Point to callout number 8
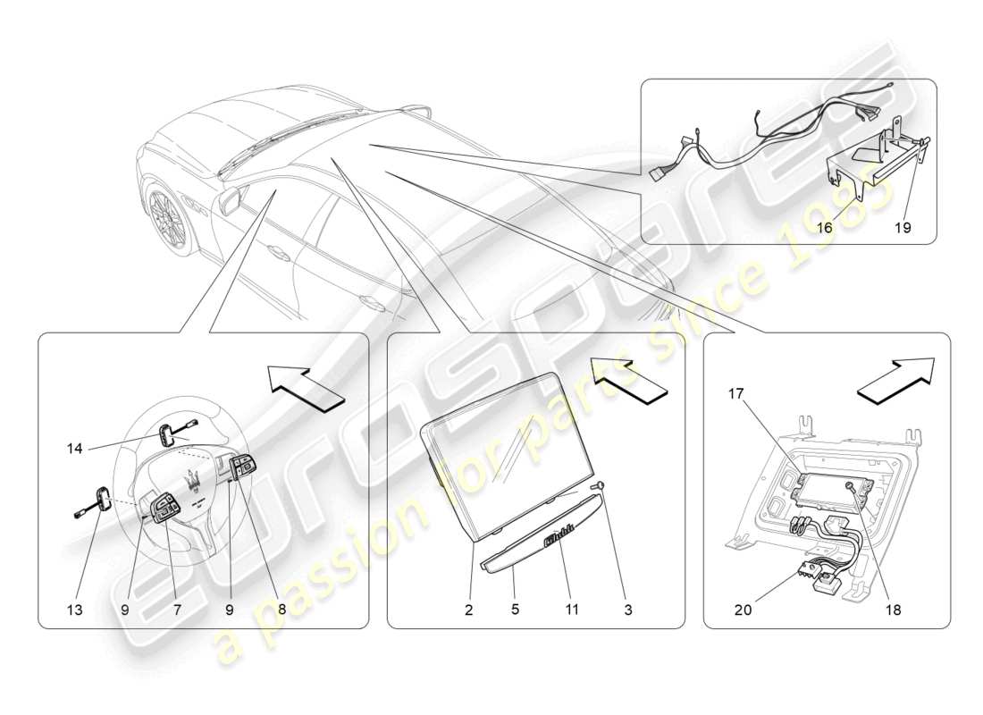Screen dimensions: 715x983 point(281,610)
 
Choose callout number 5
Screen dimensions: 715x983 point(516,610)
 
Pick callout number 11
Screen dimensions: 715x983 point(572,610)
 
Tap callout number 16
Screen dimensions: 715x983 point(824,228)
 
